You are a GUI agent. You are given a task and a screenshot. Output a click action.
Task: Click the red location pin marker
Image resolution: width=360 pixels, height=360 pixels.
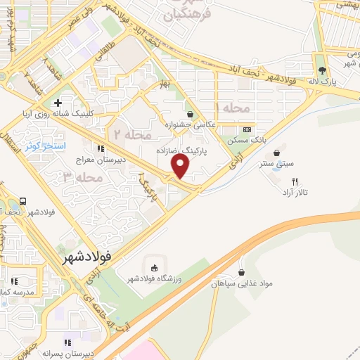pyautogui.click(x=181, y=166)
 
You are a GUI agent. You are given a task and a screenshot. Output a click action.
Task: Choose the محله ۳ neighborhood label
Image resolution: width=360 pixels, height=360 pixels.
pyautogui.click(x=78, y=177)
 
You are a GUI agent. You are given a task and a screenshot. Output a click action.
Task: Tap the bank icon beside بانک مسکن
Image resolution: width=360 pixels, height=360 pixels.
pyautogui.click(x=247, y=129)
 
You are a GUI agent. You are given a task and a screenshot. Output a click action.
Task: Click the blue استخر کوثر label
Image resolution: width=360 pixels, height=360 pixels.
pyautogui.click(x=45, y=146)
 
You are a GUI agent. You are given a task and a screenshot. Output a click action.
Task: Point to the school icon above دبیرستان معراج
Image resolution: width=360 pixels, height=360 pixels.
pyautogui.click(x=101, y=148)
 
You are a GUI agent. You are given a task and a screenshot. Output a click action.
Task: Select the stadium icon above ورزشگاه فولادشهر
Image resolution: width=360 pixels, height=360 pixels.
pyautogui.click(x=154, y=266)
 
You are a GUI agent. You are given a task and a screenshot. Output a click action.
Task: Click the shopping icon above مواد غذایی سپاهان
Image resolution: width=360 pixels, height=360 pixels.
pyautogui.click(x=242, y=273)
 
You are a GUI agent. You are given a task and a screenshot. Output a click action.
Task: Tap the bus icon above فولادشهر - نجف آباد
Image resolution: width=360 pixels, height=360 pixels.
pyautogui.click(x=24, y=200)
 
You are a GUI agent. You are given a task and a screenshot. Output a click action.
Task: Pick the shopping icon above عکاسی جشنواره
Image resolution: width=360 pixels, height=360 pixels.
pyautogui.click(x=191, y=113)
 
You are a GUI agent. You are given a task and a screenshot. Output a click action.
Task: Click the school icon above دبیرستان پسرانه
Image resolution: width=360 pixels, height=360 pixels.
pyautogui.click(x=67, y=342)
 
